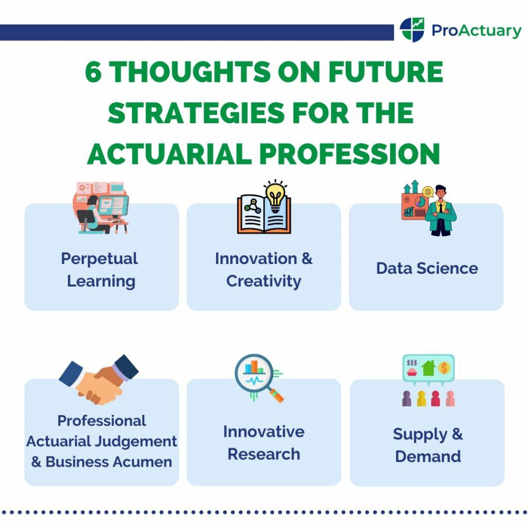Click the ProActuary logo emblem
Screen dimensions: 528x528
click(x=412, y=30)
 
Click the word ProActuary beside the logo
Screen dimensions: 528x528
click(x=476, y=31)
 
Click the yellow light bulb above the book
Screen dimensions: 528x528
click(x=275, y=195)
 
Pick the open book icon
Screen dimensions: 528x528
click(x=263, y=216)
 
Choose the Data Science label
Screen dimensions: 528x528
click(x=426, y=268)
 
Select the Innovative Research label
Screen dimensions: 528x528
click(x=263, y=442)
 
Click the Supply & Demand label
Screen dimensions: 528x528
click(x=427, y=445)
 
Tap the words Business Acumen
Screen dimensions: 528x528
click(x=108, y=461)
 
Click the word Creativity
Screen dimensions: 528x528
click(x=263, y=281)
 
